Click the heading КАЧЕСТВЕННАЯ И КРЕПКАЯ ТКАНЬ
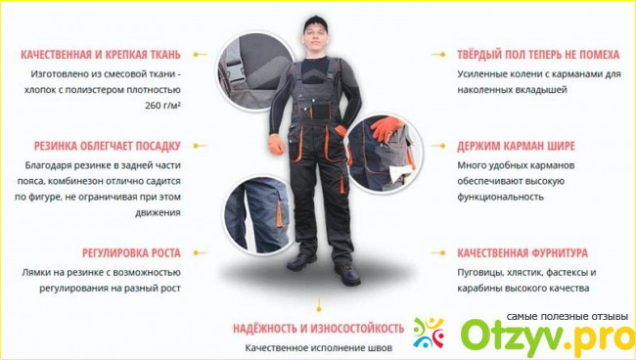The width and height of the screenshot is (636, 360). [101, 55]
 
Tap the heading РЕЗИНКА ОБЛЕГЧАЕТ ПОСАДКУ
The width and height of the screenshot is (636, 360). [107, 146]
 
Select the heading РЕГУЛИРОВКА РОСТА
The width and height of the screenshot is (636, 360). [131, 253]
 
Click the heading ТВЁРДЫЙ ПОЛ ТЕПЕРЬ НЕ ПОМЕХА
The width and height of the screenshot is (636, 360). [538, 55]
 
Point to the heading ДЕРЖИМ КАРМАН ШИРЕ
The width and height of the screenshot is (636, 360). [516, 146]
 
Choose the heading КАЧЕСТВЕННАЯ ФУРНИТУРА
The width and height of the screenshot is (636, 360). [522, 253]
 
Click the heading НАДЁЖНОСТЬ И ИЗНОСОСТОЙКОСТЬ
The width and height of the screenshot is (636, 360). [318, 328]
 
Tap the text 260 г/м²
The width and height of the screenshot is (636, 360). [162, 106]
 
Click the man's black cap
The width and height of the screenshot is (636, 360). [315, 23]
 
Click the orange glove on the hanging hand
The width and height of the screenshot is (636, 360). [276, 145]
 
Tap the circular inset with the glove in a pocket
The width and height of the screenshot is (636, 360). [384, 153]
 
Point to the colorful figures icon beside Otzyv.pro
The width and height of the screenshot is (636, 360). [429, 333]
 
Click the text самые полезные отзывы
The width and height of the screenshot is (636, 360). [568, 316]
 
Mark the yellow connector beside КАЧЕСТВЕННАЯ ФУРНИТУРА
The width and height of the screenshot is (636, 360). [438, 253]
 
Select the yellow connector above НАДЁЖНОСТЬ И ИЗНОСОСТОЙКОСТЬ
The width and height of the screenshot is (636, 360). [319, 305]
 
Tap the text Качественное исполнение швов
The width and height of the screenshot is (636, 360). [318, 348]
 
